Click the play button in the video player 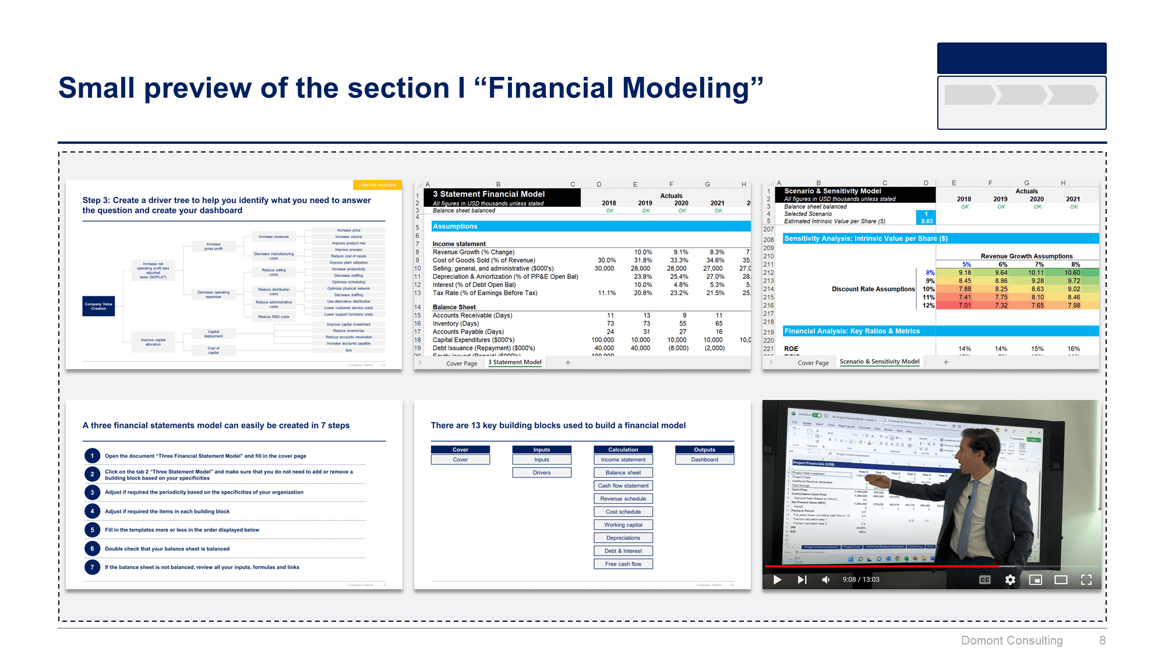[x=777, y=580]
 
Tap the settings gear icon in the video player [x=1010, y=580]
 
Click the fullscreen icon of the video [x=1086, y=580]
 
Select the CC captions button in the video [x=985, y=580]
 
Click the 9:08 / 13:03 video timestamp [x=861, y=580]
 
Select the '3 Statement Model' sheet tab [x=515, y=362]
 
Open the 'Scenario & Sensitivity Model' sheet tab [x=880, y=362]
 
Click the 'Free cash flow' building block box [x=623, y=564]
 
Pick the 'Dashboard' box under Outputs [x=705, y=460]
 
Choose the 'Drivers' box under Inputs [x=542, y=473]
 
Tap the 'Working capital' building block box [x=623, y=525]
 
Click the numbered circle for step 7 [x=92, y=567]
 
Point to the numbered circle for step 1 [x=92, y=456]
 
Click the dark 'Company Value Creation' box [x=98, y=306]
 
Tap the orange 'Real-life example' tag [x=377, y=185]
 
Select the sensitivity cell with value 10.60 [x=1072, y=272]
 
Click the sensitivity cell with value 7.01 [x=965, y=305]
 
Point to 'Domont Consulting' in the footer [x=1012, y=640]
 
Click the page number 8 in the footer [x=1102, y=640]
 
